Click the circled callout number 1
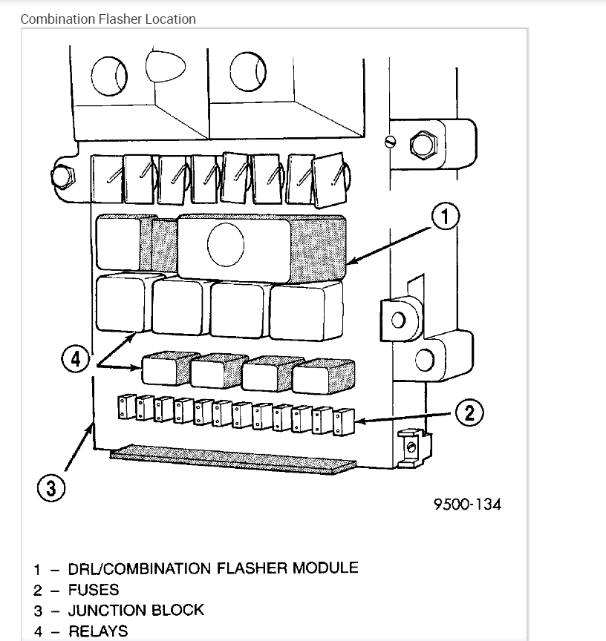coord(446,217)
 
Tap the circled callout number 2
coord(469,412)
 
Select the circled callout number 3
coord(50,489)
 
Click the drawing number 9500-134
coord(467,504)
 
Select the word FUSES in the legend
coord(94,590)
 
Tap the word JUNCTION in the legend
coord(109,611)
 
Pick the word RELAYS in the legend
coord(98,632)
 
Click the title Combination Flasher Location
coord(108,19)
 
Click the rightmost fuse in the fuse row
coord(345,421)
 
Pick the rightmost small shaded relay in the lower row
coord(321,378)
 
